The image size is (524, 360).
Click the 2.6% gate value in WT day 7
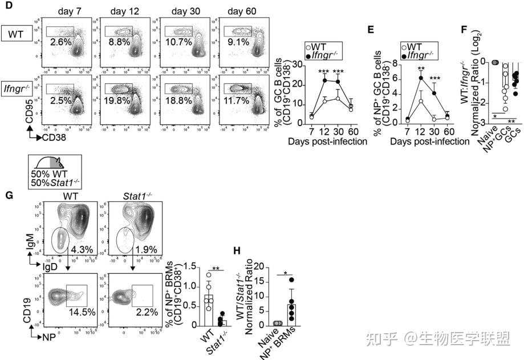60,42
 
